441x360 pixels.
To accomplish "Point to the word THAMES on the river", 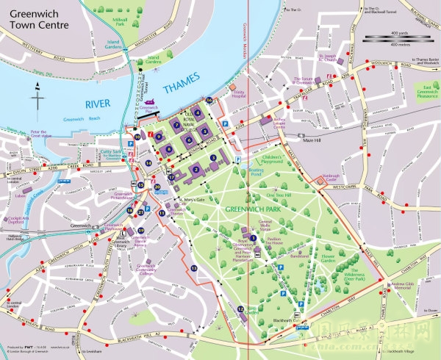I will tap(182, 88).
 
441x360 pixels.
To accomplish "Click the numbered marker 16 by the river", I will tap(209, 100).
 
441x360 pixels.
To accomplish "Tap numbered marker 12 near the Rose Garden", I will tap(241, 310).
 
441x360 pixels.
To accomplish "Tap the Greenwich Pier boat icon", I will tap(150, 105).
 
